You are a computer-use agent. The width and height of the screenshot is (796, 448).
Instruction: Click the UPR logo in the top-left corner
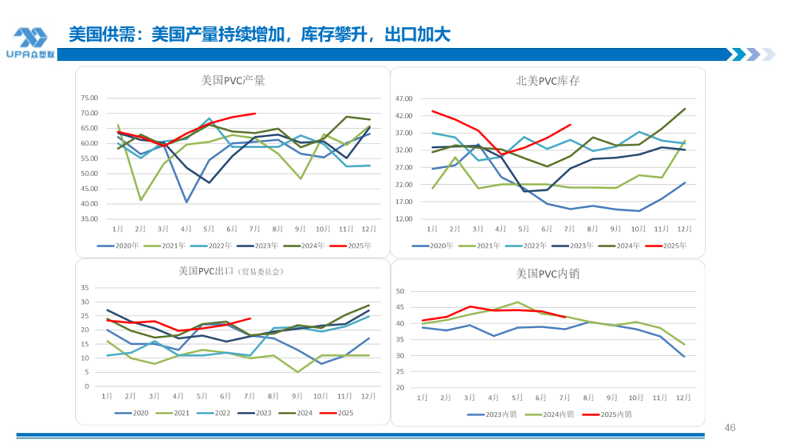pos(30,43)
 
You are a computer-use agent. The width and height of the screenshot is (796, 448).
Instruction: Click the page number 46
pos(730,428)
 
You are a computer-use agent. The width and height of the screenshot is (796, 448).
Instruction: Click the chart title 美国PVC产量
pos(233,80)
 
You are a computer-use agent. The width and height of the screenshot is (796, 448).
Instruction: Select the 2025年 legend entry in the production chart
pos(359,245)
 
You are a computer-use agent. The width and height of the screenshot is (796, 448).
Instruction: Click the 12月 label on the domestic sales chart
pos(685,398)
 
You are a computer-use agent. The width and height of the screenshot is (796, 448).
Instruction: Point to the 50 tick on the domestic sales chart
pos(402,292)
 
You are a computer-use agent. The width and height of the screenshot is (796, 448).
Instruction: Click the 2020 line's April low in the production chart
pos(186,202)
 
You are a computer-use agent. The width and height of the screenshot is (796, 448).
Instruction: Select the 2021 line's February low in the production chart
pos(141,200)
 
